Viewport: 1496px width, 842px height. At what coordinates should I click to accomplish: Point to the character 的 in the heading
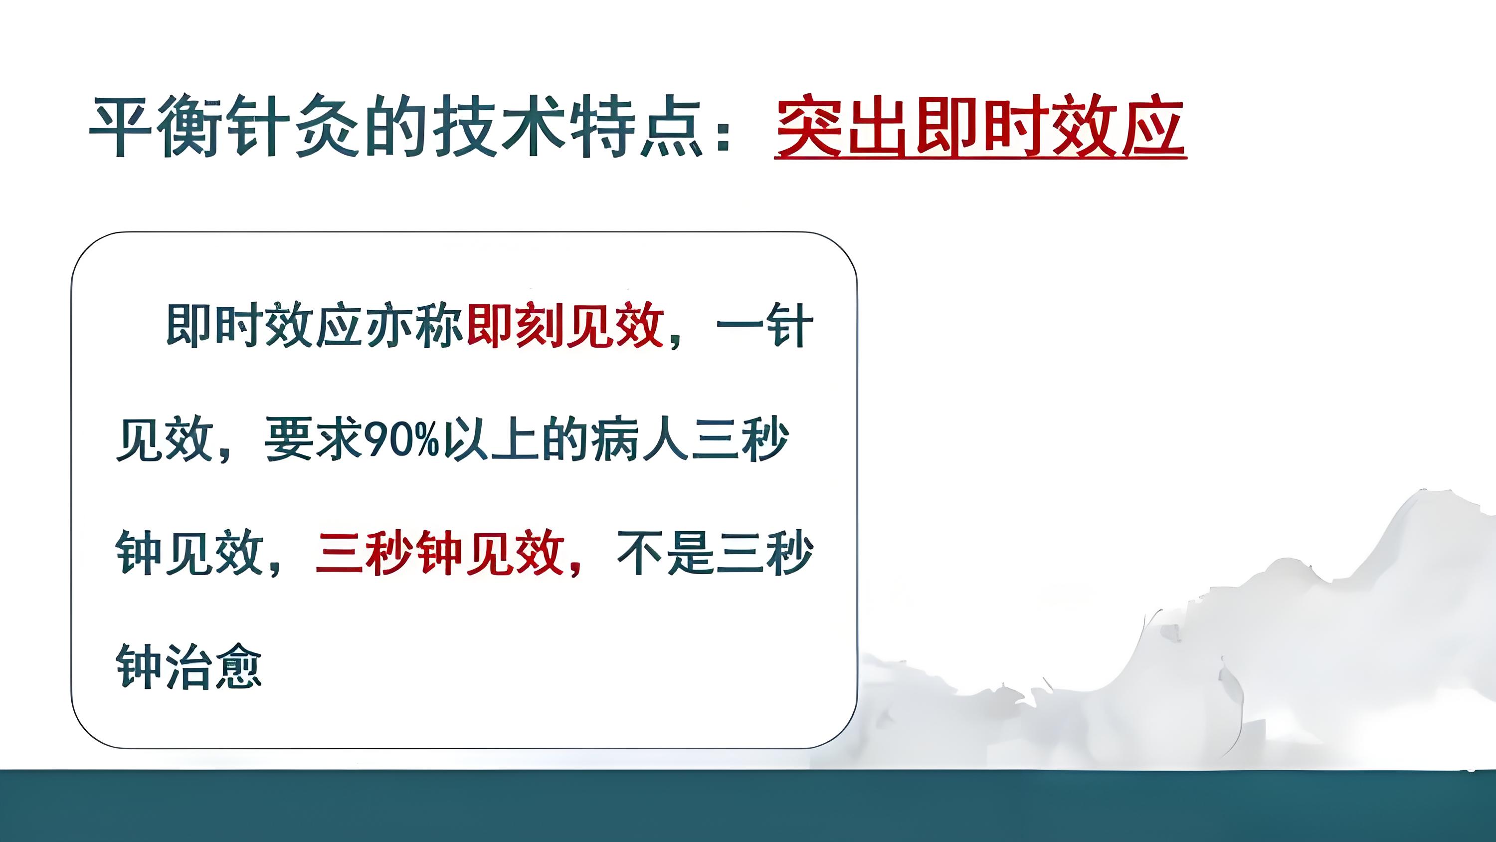click(395, 127)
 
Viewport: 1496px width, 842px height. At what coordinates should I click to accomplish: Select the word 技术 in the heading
click(500, 127)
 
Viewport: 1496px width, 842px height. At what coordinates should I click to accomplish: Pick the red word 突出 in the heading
click(842, 128)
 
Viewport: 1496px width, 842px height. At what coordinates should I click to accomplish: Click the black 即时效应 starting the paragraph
click(265, 325)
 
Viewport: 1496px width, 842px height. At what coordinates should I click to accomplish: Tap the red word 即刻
click(514, 325)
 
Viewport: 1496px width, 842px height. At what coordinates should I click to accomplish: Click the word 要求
click(314, 439)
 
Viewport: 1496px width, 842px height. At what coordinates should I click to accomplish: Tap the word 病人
click(638, 439)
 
